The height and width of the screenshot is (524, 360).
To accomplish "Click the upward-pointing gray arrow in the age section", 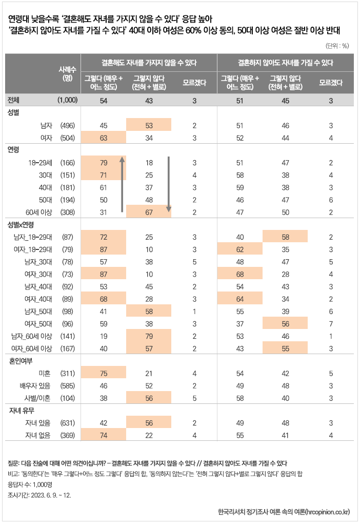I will pos(122,185).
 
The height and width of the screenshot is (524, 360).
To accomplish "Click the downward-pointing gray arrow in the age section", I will pos(168,185).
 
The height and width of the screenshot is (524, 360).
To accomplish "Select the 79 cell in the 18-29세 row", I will pos(103,163).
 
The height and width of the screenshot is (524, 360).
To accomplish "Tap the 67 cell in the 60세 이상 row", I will pos(149,211).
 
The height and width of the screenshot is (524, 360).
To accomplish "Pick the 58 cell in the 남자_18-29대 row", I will pos(285,237).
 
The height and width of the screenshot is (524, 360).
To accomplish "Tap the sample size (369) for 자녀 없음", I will pos(68,435).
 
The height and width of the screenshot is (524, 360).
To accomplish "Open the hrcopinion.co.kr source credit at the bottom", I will pos(284,511).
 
